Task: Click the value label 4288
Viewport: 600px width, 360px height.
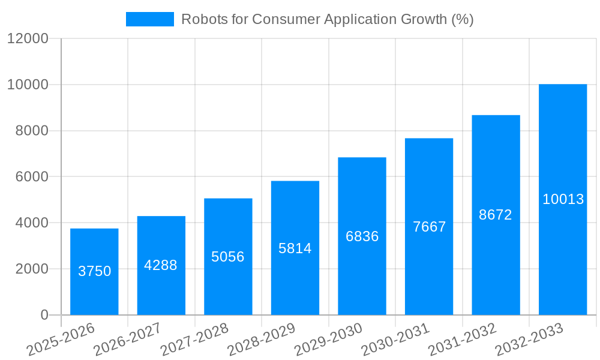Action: point(161,265)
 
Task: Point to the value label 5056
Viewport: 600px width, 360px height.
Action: point(228,257)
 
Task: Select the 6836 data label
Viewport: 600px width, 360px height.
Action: point(362,236)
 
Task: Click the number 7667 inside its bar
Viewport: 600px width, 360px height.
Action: point(429,227)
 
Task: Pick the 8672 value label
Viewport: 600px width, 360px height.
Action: point(496,215)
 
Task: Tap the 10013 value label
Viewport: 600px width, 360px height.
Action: point(563,199)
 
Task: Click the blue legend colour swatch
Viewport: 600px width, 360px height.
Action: point(149,19)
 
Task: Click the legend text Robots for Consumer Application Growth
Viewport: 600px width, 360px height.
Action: point(327,19)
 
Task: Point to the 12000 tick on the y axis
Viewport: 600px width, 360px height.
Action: point(27,38)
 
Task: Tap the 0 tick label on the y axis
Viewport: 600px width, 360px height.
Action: point(44,315)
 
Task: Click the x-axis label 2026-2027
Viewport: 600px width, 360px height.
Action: point(127,339)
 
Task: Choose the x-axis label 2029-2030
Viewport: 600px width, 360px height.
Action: point(328,339)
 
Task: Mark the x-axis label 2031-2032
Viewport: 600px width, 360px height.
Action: point(462,339)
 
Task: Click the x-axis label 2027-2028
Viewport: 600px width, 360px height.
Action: point(194,339)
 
